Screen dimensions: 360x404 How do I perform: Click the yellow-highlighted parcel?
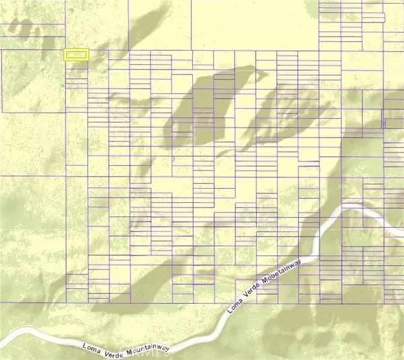pos(76,55)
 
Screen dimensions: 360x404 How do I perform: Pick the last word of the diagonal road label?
pos(276,272)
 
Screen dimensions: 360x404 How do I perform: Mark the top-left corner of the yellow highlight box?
pos(65,49)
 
